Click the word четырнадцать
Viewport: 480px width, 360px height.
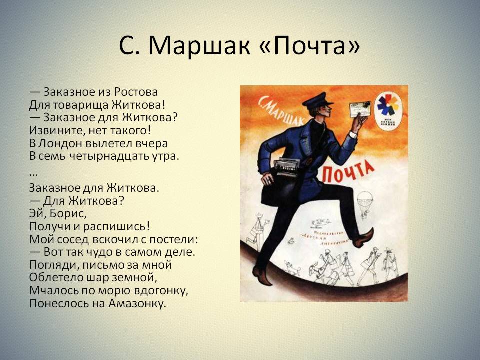[113, 156]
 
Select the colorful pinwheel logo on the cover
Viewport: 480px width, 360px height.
[387, 105]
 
